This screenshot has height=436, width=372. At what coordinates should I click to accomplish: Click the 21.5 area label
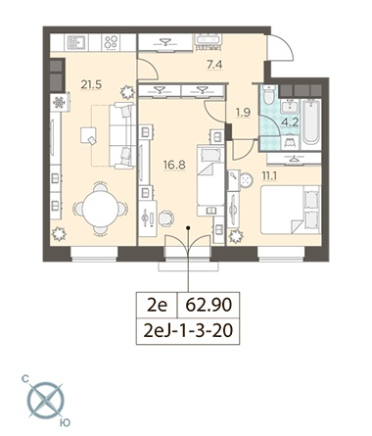pos(91,85)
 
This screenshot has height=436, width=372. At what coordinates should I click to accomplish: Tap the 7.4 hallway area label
pos(214,65)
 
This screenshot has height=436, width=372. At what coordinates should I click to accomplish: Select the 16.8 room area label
pos(174,165)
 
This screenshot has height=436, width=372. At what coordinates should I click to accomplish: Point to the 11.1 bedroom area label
pos(269,176)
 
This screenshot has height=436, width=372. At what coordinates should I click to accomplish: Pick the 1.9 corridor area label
pos(243,113)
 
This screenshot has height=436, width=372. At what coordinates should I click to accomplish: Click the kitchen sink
pos(77,42)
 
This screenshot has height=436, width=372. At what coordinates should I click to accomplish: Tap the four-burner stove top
pos(111,42)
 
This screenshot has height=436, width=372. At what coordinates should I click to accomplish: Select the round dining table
pos(100,209)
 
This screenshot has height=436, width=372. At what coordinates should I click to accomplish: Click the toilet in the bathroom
pos(269,94)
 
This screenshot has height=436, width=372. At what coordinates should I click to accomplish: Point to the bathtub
pos(311,121)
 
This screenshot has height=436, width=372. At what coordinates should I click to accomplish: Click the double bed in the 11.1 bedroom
pos(291,210)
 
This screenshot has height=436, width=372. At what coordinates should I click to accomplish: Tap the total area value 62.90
pos(209,305)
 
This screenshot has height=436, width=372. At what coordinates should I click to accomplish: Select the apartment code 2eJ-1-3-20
pos(188,331)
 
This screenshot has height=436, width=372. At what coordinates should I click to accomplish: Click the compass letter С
pos(25,379)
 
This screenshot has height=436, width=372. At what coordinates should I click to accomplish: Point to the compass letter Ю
pos(66,423)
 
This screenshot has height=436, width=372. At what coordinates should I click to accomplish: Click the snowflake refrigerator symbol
pos(59,103)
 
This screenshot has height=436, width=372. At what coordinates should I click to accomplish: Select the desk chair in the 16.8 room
pos(166,218)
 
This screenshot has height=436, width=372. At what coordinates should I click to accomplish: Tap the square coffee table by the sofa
pos(88,135)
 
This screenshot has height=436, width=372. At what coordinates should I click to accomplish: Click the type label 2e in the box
pos(157,305)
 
